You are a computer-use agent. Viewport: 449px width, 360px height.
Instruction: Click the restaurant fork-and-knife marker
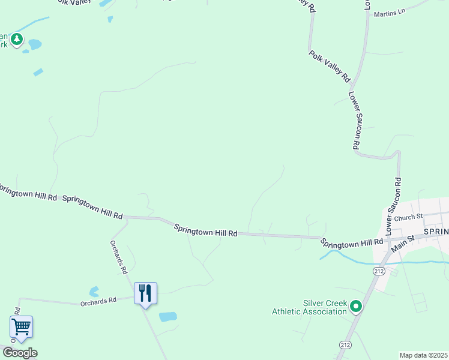click(x=145, y=293)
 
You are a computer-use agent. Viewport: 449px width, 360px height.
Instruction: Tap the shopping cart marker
click(x=22, y=327)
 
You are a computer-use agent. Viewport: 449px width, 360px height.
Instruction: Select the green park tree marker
click(x=17, y=40)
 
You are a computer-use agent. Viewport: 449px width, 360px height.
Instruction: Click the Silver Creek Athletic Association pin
click(x=356, y=307)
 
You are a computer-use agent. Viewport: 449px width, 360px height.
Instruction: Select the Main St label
click(x=403, y=241)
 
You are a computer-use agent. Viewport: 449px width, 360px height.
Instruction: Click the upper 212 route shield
click(x=379, y=271)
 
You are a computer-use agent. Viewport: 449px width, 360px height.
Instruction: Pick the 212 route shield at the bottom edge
click(x=345, y=344)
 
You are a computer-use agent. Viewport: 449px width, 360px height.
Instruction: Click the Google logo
click(x=20, y=352)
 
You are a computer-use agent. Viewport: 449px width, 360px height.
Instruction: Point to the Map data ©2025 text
click(x=423, y=355)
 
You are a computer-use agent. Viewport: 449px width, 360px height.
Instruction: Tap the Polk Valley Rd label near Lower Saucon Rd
click(x=330, y=66)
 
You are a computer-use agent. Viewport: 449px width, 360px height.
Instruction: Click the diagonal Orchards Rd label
click(x=119, y=257)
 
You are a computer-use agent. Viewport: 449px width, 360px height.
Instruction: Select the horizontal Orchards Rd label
click(x=98, y=301)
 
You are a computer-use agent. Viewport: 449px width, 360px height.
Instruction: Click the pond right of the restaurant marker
click(x=168, y=317)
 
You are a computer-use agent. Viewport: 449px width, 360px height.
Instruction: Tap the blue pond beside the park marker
click(x=35, y=44)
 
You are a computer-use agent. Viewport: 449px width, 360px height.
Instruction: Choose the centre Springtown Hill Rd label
click(x=206, y=230)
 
